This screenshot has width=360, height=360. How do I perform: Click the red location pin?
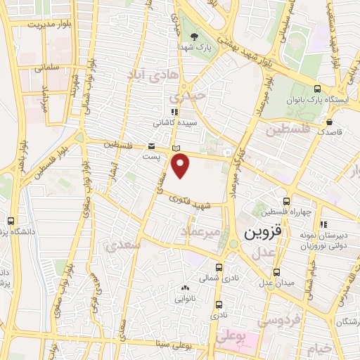(x=181, y=166)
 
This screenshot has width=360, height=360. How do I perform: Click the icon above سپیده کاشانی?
(x=174, y=111)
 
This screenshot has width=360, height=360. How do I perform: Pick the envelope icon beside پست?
(x=151, y=146)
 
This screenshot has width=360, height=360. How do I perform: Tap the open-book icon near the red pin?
(x=176, y=148)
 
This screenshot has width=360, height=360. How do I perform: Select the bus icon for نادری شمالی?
(x=219, y=267)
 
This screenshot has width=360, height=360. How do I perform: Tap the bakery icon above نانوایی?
(x=185, y=288)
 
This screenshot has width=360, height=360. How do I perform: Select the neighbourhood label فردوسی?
(x=278, y=321)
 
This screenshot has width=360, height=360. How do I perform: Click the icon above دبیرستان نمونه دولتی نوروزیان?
(x=323, y=224)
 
